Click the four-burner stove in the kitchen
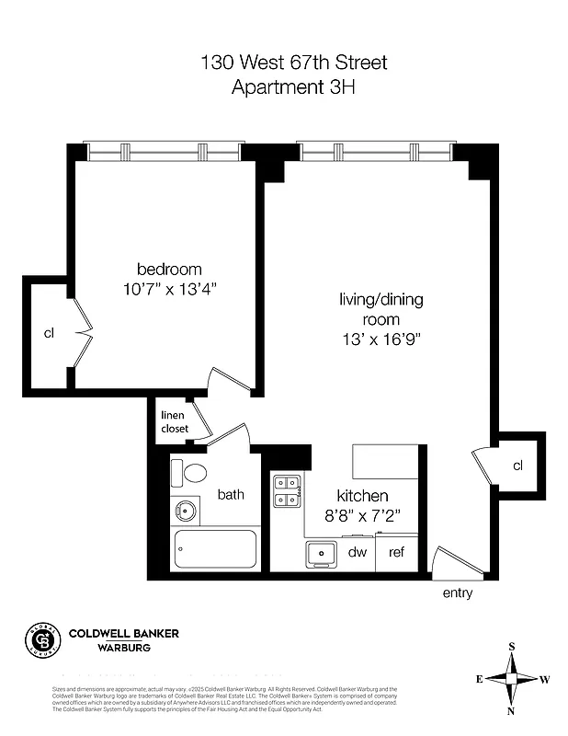point(288,490)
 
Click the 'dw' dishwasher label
point(358,552)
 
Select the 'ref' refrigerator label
point(397,552)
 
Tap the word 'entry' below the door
point(457,593)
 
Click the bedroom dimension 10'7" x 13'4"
point(169,289)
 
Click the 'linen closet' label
point(175,422)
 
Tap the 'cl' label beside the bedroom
point(49,333)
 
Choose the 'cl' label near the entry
point(517,466)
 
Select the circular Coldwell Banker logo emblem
point(40,639)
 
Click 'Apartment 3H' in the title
point(294,88)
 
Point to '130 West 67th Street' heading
point(294,63)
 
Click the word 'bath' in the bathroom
point(231,495)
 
